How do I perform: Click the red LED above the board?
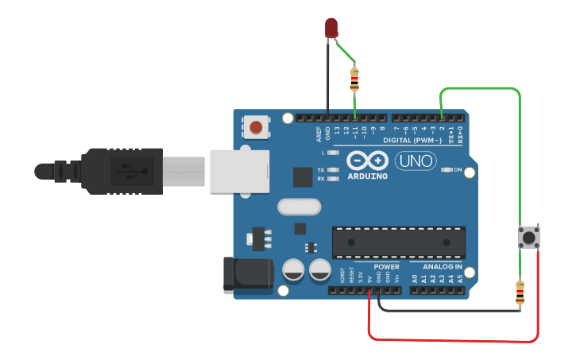point(331,28)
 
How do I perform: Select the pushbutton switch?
point(528,237)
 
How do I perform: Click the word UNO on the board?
point(415,161)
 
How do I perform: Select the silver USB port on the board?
point(237,171)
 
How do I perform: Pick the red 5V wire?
point(453,340)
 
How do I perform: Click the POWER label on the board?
point(386,267)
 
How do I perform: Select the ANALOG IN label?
point(443,267)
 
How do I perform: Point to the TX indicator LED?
point(333,170)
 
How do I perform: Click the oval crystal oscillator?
point(299,207)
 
